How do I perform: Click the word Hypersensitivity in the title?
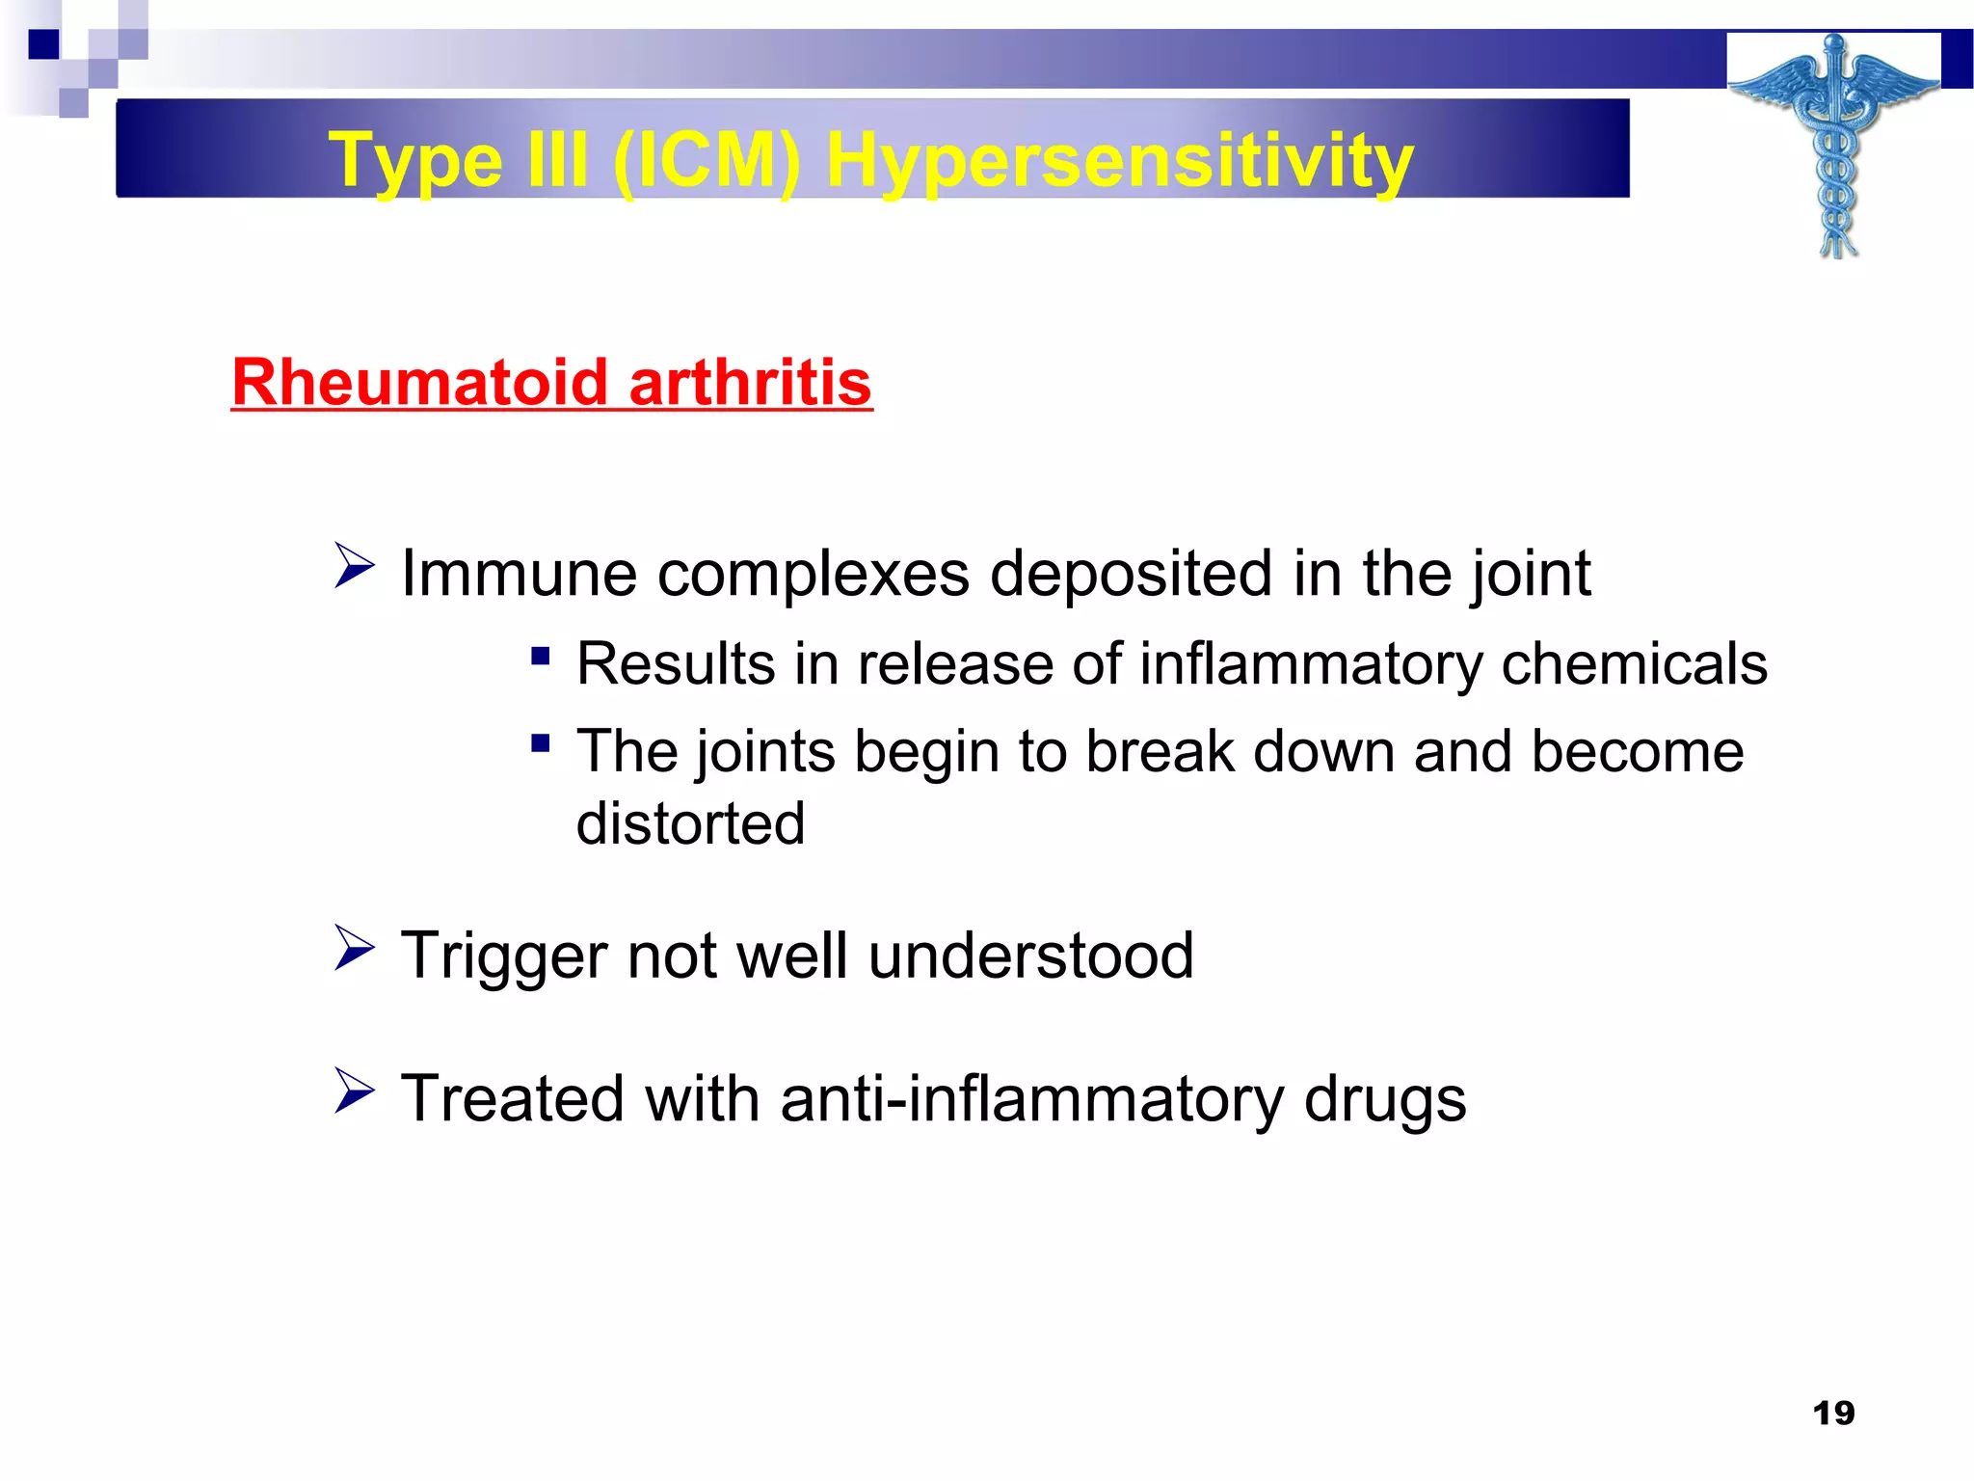(x=1120, y=160)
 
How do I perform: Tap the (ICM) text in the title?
(x=707, y=160)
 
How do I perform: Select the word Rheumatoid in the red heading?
(x=419, y=383)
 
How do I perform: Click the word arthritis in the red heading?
(x=750, y=383)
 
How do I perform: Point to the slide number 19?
(x=1833, y=1414)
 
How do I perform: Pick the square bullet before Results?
(x=541, y=657)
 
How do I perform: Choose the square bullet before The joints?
(x=541, y=743)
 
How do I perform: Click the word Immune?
(x=519, y=574)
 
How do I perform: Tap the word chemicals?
(x=1634, y=664)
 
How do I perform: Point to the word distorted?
(x=690, y=823)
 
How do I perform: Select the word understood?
(x=1030, y=956)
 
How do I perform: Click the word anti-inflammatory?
(x=1031, y=1099)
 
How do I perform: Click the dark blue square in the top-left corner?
(x=44, y=44)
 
